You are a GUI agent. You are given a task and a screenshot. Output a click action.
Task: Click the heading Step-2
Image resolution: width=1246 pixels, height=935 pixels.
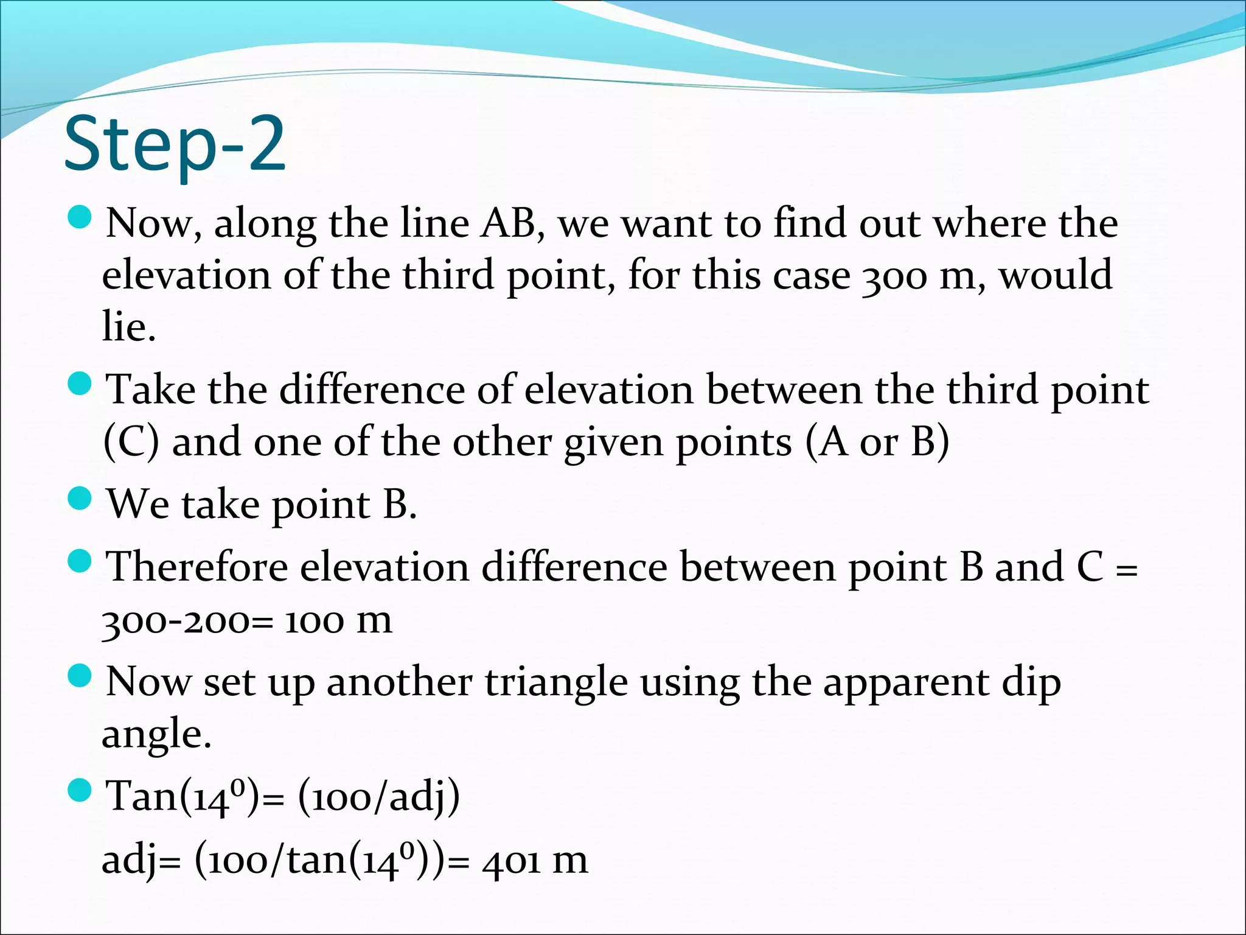click(174, 145)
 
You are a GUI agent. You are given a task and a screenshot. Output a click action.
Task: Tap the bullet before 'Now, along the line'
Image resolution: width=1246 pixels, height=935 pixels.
click(79, 217)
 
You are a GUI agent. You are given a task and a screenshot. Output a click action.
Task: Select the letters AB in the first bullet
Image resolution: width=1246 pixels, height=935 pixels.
click(509, 223)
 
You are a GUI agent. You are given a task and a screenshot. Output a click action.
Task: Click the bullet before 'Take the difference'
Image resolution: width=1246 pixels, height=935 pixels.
click(79, 383)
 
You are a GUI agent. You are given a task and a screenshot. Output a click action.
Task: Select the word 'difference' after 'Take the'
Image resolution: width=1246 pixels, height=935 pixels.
click(372, 390)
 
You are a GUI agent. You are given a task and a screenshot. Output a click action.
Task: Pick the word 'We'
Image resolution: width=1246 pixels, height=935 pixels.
click(137, 505)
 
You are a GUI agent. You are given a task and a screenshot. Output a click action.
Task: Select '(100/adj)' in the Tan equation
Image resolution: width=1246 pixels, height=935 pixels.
click(378, 797)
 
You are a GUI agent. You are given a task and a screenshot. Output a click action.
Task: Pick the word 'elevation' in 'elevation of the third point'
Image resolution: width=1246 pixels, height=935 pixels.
click(186, 275)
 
